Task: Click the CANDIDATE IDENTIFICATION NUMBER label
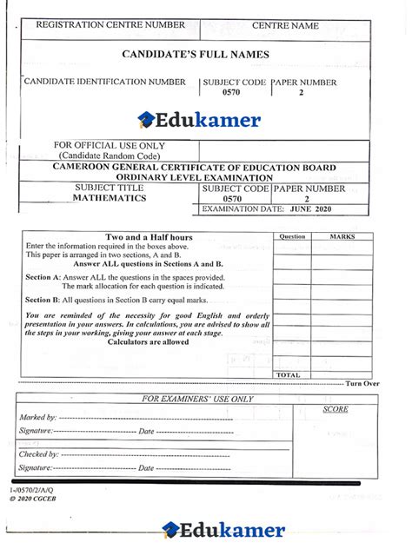coord(105,82)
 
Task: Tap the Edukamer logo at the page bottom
coord(223,529)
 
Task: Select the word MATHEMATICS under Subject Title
coord(110,198)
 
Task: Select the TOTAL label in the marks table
coord(289,374)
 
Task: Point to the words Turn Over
coord(362,383)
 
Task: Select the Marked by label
coord(37,418)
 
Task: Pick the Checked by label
coord(39,453)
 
